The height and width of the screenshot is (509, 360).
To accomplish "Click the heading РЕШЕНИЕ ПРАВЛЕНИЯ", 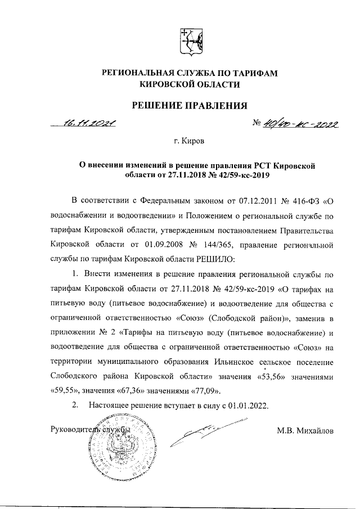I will click(x=190, y=105).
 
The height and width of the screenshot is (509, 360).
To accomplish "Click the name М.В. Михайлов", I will click(x=304, y=431).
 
